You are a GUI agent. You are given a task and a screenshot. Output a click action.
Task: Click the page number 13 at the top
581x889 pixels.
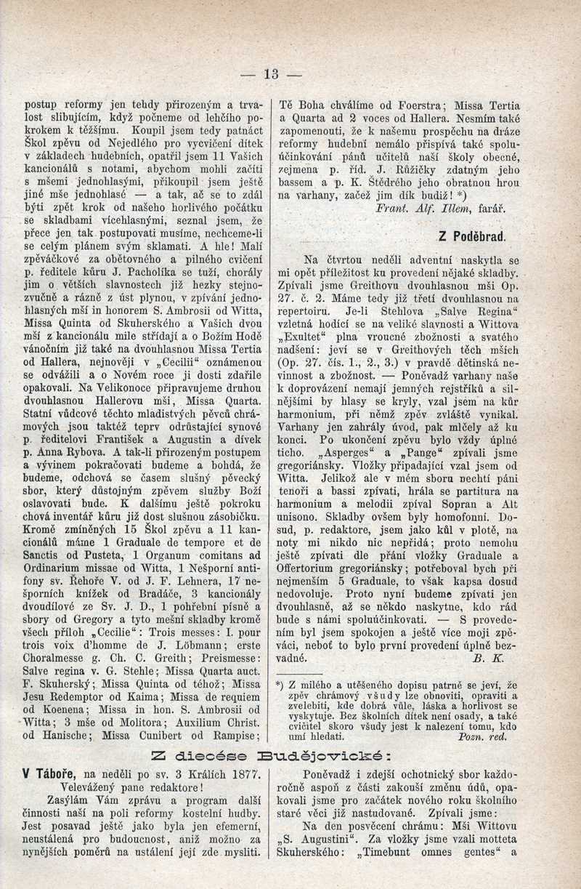click(272, 73)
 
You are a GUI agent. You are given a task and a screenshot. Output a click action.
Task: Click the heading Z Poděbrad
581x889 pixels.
click(472, 236)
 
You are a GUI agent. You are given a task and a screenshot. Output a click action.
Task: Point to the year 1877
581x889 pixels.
click(224, 774)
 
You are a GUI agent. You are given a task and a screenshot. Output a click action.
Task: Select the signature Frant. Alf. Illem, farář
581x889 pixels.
click(440, 208)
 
